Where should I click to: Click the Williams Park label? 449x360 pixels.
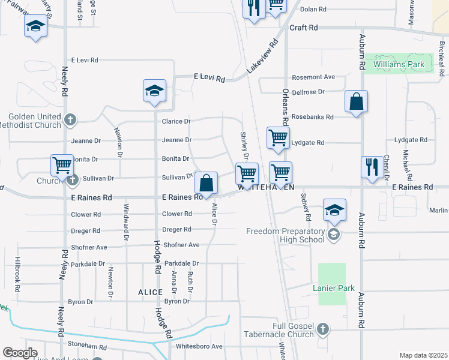pyautogui.click(x=399, y=64)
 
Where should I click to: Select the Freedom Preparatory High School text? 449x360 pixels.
pyautogui.click(x=286, y=235)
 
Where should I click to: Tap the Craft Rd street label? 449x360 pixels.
pyautogui.click(x=303, y=28)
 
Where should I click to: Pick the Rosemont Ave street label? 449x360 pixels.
pyautogui.click(x=313, y=77)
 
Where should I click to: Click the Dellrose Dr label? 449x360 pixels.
pyautogui.click(x=308, y=92)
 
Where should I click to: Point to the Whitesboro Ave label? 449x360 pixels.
pyautogui.click(x=199, y=346)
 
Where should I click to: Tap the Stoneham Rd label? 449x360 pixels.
pyautogui.click(x=87, y=347)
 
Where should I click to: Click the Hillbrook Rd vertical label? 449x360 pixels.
pyautogui.click(x=18, y=275)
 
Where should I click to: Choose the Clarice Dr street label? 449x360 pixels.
pyautogui.click(x=176, y=121)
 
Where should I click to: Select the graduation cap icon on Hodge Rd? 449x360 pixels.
pyautogui.click(x=154, y=91)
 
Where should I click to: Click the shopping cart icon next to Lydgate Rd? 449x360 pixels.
pyautogui.click(x=278, y=138)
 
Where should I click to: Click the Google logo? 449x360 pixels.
pyautogui.click(x=20, y=353)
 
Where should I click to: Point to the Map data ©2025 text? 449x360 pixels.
pyautogui.click(x=423, y=355)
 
